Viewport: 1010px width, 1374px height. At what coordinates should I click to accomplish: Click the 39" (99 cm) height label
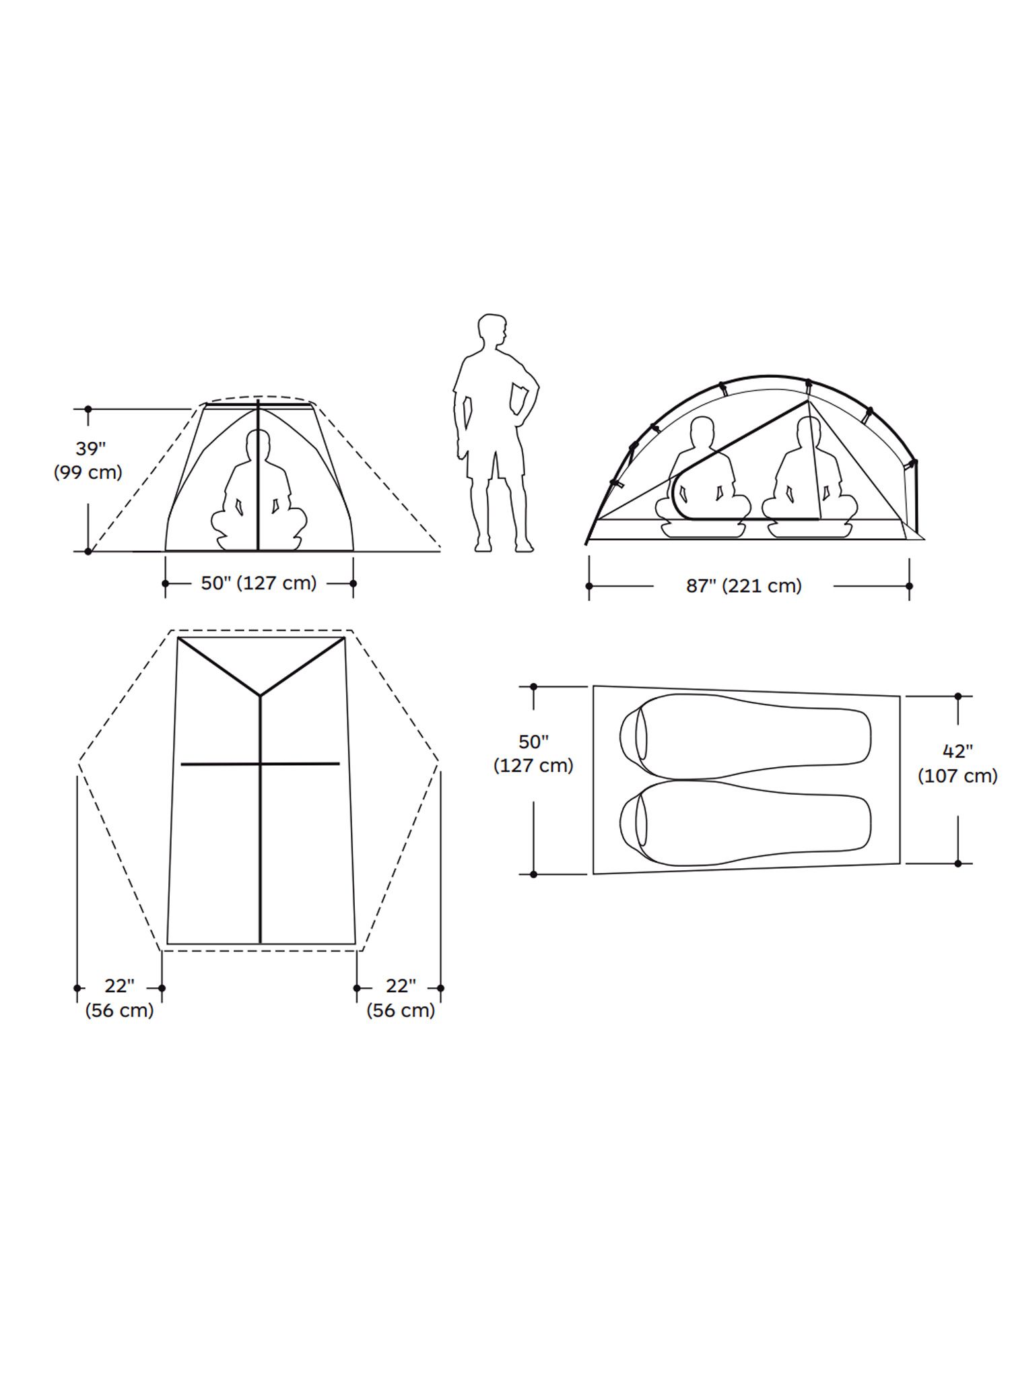pyautogui.click(x=88, y=461)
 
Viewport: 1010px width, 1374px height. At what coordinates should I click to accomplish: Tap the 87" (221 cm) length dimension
pyautogui.click(x=744, y=586)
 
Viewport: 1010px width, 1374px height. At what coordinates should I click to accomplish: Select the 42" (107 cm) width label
pyautogui.click(x=957, y=763)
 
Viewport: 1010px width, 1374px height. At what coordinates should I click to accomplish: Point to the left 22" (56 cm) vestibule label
pyautogui.click(x=119, y=998)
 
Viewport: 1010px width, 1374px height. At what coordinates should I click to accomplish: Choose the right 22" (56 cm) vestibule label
pyautogui.click(x=401, y=998)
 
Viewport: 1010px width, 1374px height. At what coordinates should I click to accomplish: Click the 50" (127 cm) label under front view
pyautogui.click(x=259, y=583)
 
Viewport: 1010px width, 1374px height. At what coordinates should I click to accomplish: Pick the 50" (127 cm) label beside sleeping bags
pyautogui.click(x=533, y=754)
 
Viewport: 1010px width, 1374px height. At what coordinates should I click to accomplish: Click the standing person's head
pyautogui.click(x=492, y=331)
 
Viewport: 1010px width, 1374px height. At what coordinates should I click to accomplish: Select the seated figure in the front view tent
pyautogui.click(x=259, y=490)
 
